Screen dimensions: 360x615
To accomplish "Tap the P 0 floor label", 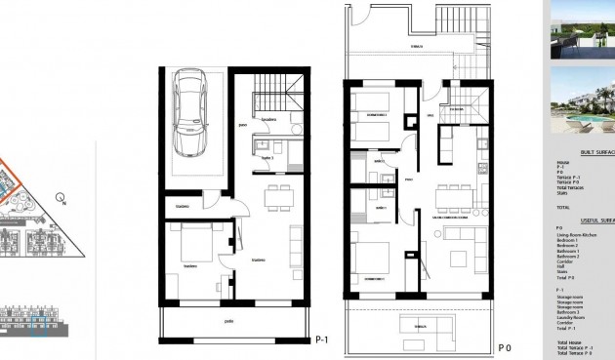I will pos(505,347).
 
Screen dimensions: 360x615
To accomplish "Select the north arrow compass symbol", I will pos(61,199).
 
